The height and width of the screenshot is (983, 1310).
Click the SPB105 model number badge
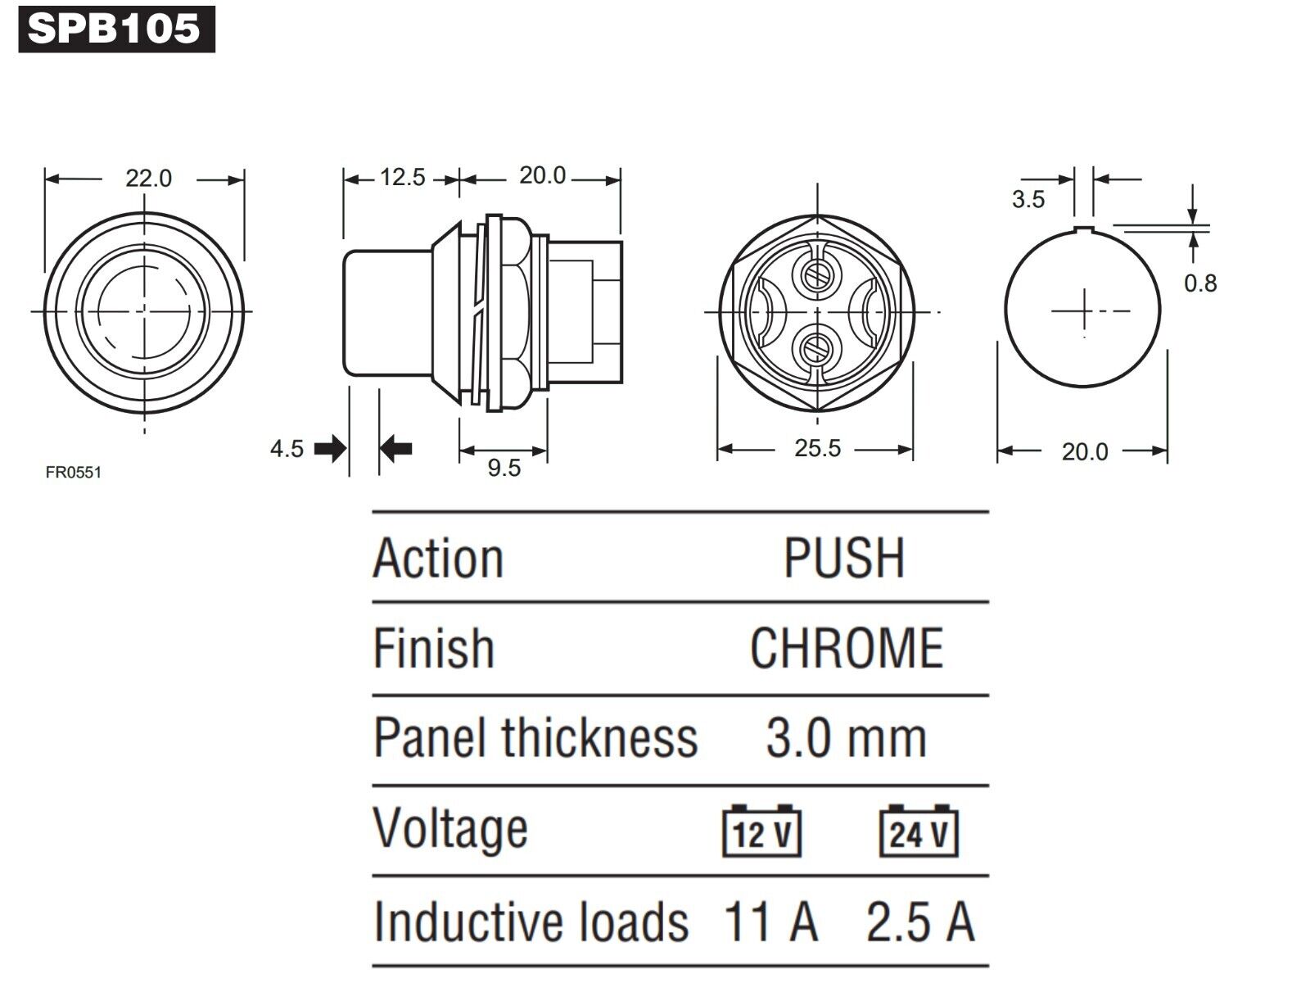pyautogui.click(x=117, y=29)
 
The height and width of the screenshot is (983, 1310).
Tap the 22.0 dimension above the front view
pyautogui.click(x=149, y=179)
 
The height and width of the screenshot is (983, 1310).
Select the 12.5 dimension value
pyautogui.click(x=403, y=177)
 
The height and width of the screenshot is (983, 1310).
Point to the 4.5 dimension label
pyautogui.click(x=287, y=448)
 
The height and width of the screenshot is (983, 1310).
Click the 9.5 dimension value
pyautogui.click(x=504, y=468)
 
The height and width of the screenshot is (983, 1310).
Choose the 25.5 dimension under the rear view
pyautogui.click(x=818, y=448)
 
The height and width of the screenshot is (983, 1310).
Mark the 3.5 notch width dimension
pyautogui.click(x=1028, y=199)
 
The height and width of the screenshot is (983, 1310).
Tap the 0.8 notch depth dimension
pyautogui.click(x=1200, y=283)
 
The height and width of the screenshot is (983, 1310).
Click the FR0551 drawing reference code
pyautogui.click(x=74, y=473)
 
